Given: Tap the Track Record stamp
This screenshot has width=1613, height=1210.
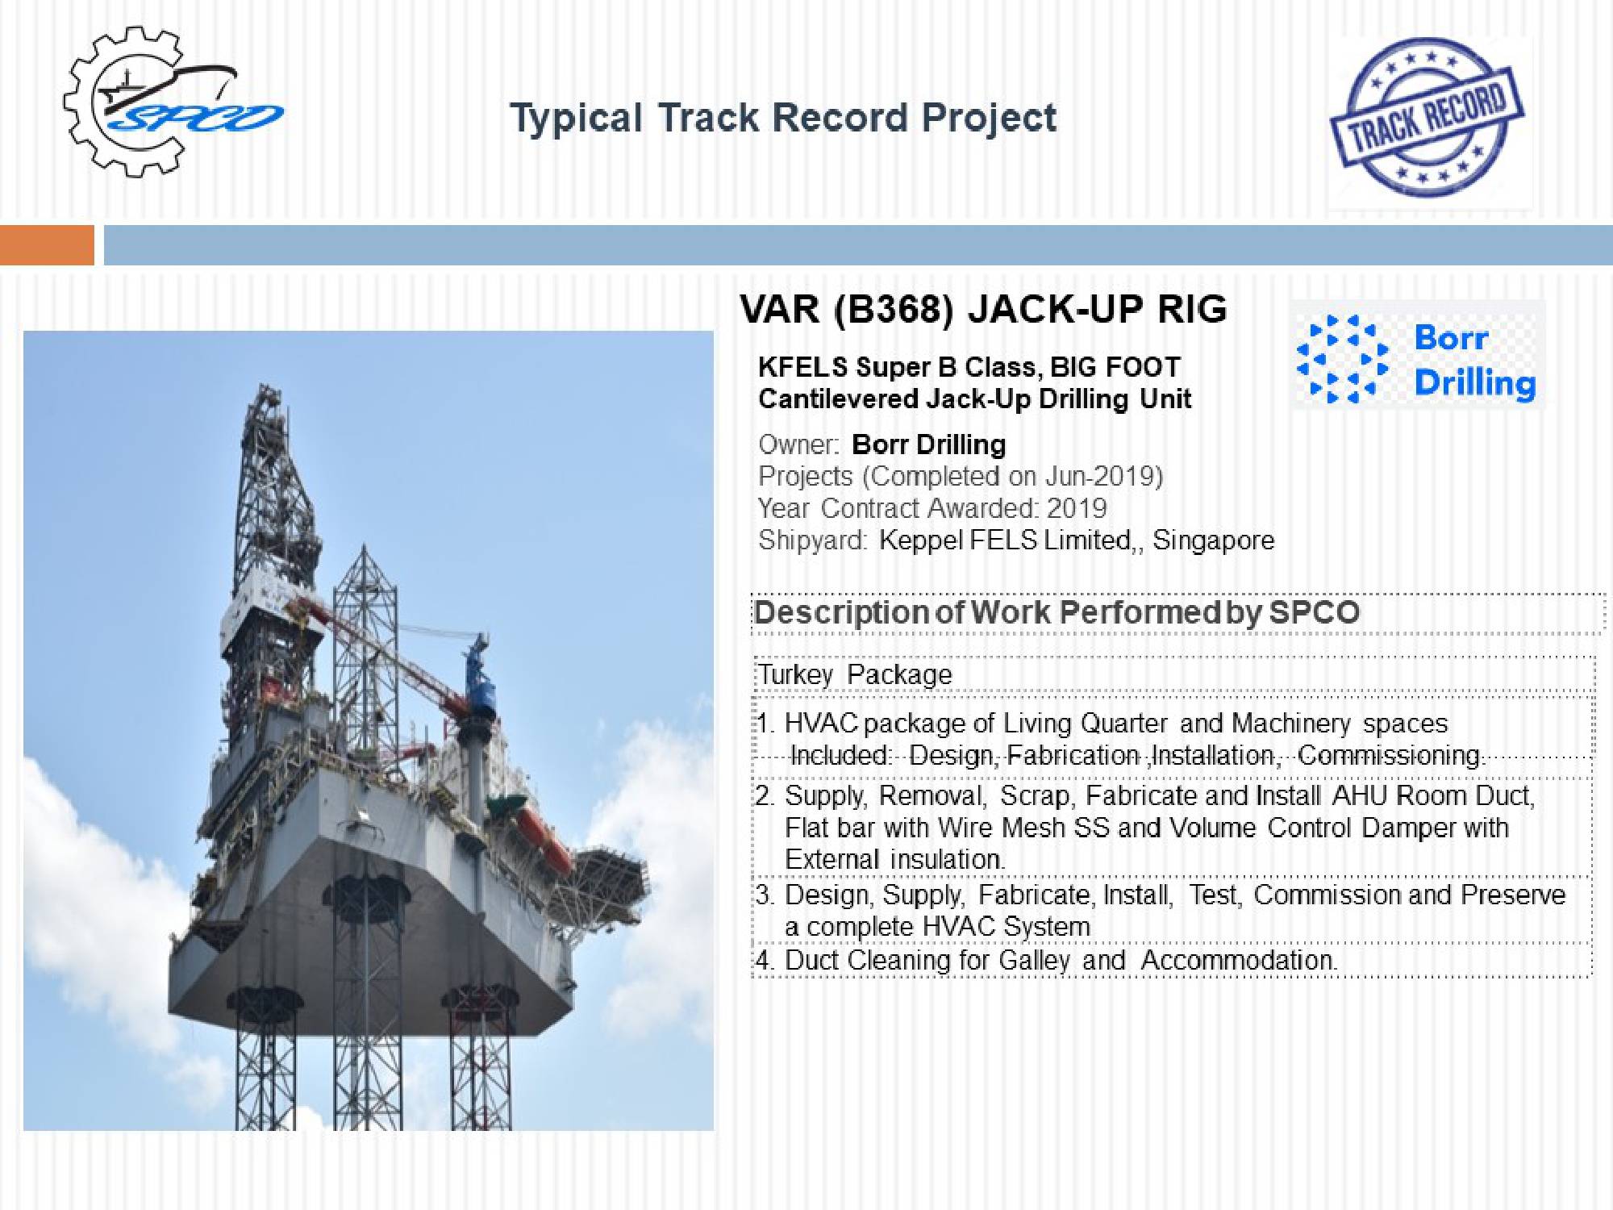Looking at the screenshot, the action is [1426, 119].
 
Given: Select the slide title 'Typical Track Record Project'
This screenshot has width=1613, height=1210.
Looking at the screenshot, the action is [783, 119].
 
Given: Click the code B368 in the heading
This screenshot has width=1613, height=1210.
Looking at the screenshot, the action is [894, 309].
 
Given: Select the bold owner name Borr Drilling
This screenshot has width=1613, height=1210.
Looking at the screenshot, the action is [929, 444].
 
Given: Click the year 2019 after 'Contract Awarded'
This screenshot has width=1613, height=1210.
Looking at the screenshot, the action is [1077, 508].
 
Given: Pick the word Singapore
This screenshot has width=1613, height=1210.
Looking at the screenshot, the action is [1213, 540].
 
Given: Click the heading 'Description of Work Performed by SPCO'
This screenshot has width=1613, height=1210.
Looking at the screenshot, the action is [1057, 613].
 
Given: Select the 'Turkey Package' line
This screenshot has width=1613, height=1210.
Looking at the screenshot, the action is [855, 674].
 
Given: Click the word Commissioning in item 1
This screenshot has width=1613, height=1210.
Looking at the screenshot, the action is [1390, 755].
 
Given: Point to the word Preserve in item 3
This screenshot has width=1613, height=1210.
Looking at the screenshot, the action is [1513, 895].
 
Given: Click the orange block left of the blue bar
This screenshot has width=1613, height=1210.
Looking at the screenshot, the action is [47, 245].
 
